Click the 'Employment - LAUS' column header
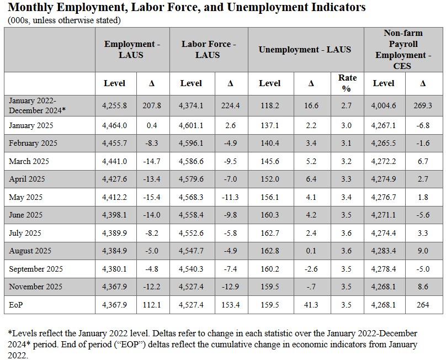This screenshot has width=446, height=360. tap(131, 49)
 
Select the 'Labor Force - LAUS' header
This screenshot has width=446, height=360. tap(208, 49)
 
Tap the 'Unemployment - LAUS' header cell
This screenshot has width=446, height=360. tap(305, 49)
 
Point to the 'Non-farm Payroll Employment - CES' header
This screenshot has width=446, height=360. tap(403, 49)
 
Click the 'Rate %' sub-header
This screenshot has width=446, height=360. tap(347, 83)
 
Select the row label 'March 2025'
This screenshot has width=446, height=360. tap(29, 161)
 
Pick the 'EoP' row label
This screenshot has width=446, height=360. tap(16, 305)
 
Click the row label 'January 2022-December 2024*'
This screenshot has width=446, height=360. tap(37, 104)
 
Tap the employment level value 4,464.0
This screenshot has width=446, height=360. tap(115, 125)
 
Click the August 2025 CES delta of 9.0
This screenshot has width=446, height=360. tap(422, 251)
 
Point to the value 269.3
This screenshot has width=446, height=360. tap(422, 105)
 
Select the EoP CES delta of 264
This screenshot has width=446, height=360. tap(422, 305)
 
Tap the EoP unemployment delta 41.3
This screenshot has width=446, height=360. tap(311, 305)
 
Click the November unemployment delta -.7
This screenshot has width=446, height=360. tap(311, 287)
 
